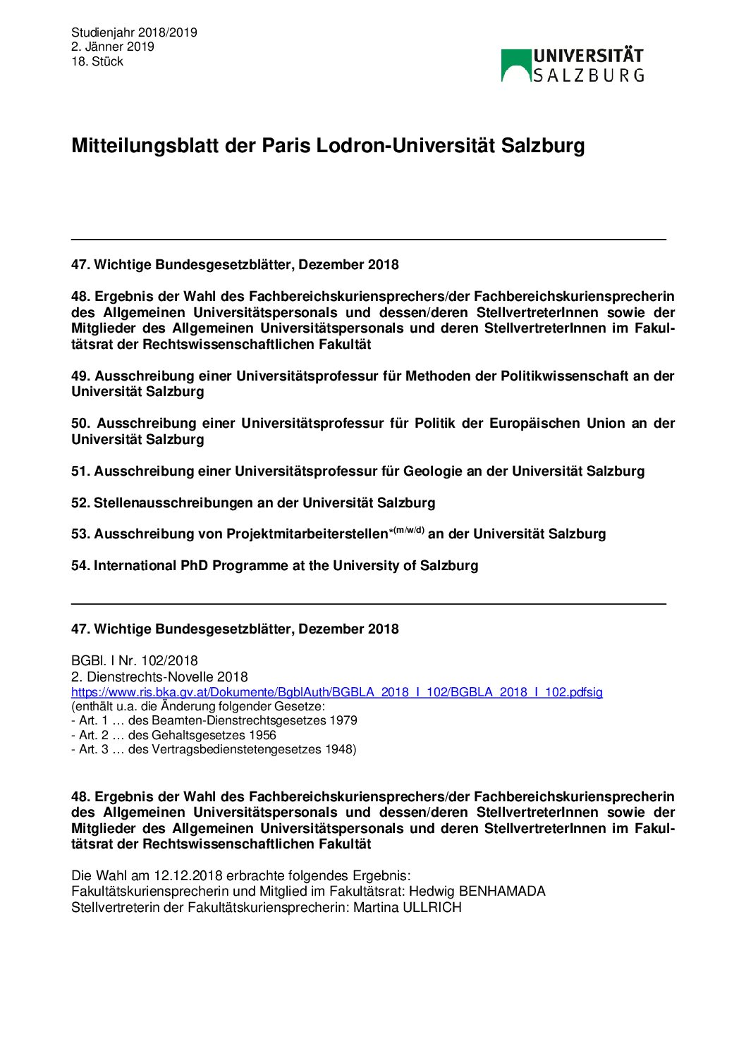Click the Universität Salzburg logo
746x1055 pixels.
pos(572,66)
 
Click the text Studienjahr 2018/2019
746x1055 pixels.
pos(134,32)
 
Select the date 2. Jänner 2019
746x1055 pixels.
pos(112,47)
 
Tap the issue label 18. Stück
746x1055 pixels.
pos(97,62)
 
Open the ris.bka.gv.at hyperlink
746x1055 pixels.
pos(336,692)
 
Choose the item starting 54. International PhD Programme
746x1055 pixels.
pos(274,566)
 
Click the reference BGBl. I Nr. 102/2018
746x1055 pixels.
pos(134,661)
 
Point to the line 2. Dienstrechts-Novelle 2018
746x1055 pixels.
pos(159,677)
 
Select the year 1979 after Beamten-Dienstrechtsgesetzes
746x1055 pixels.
pos(343,721)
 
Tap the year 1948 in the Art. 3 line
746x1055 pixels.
pos(339,750)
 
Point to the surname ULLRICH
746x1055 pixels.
pos(432,908)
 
